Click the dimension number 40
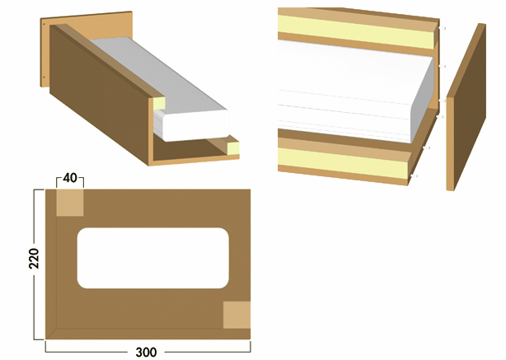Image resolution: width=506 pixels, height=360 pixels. tap(69, 178)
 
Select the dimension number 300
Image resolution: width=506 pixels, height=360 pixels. tap(146, 352)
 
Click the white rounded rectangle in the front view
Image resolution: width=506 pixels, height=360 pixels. tap(152, 258)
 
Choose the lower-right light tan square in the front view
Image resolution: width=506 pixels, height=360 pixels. tap(237, 315)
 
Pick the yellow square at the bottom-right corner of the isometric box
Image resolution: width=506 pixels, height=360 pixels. tap(233, 148)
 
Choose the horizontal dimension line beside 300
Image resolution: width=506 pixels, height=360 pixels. tap(91, 352)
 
